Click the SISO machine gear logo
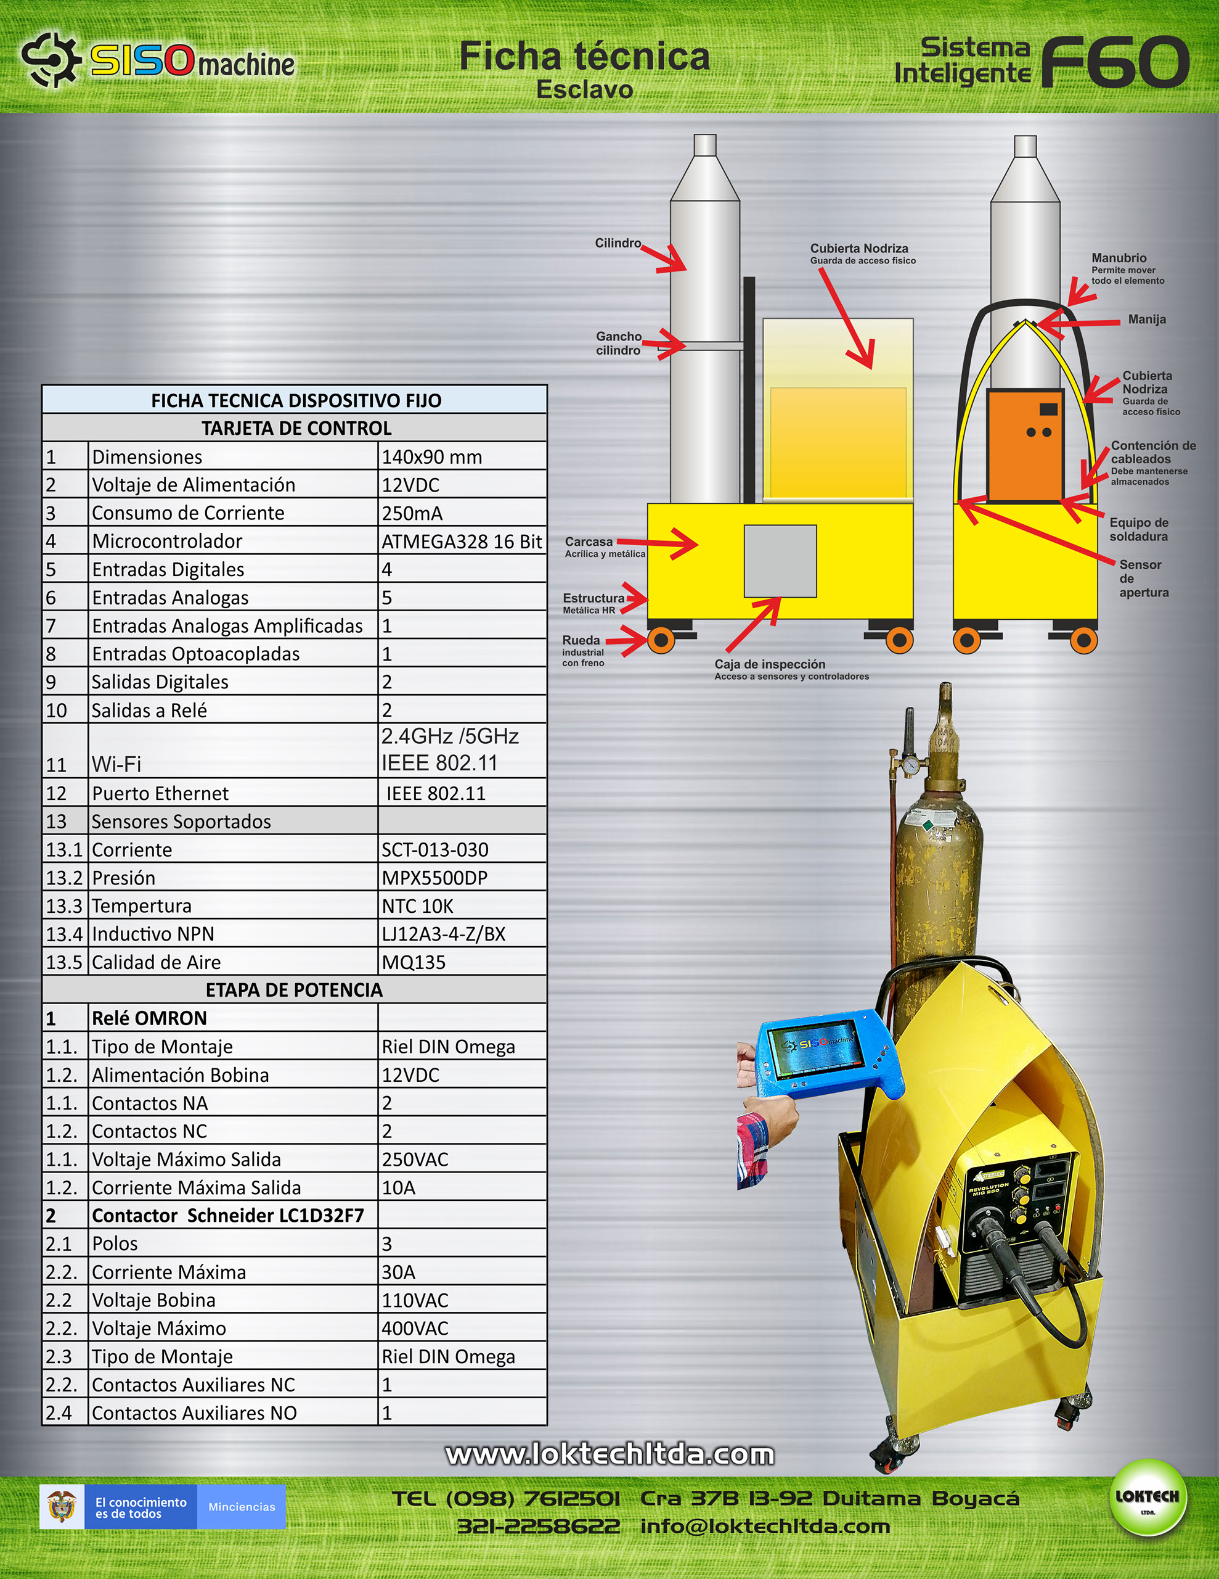(x=49, y=59)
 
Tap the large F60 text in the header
(x=1115, y=62)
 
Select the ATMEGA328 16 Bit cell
(x=462, y=541)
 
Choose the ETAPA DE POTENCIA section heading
(x=294, y=989)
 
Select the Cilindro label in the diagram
(x=618, y=243)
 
